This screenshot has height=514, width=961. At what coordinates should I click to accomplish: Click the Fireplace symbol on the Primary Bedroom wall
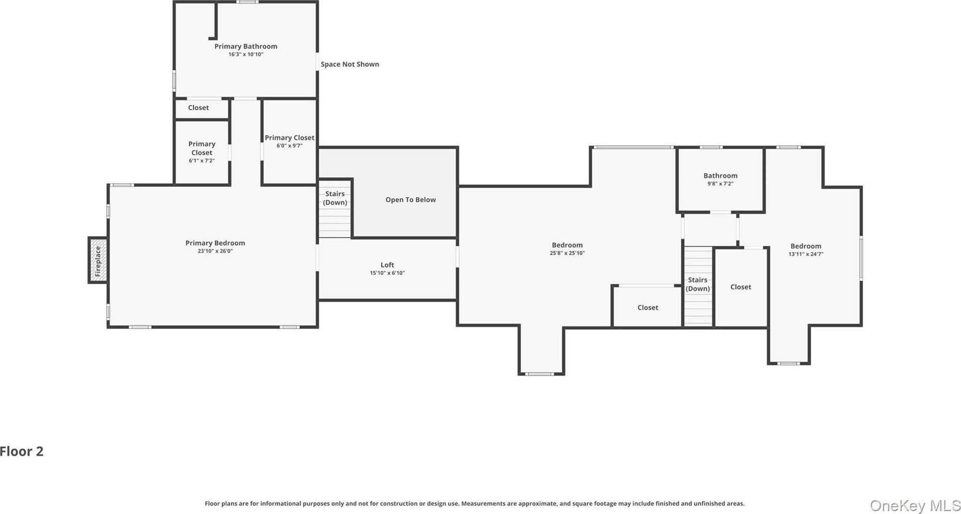coord(98,260)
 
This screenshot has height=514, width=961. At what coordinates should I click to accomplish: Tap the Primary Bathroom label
coord(246,47)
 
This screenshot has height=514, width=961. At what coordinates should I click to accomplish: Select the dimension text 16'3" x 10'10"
coord(246,54)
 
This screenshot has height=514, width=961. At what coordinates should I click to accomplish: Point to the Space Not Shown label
coord(350,64)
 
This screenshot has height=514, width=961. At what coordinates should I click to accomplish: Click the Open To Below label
coord(410,200)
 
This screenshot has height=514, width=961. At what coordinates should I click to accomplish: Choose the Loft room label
coord(387,265)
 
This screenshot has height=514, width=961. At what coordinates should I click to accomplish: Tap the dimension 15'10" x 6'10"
coord(387,273)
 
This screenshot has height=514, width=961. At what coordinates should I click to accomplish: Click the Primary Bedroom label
coord(215,243)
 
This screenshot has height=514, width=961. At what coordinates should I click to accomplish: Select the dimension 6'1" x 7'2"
coord(202,161)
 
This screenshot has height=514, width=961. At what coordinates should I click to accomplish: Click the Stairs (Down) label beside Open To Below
coord(335,198)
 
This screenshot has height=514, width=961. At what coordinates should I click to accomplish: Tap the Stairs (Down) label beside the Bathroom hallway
coord(698,284)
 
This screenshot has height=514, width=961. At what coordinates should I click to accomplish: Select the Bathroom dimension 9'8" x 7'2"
coord(720,184)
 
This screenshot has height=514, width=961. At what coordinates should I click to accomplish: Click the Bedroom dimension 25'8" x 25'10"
coord(567,253)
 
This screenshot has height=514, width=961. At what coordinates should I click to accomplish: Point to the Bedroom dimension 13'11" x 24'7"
coord(806,254)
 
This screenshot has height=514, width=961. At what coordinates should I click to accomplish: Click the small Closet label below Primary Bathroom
coord(198,108)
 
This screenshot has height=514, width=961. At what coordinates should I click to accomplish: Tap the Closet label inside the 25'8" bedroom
coord(648,308)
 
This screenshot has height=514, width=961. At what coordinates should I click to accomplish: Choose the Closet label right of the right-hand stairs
coord(740,287)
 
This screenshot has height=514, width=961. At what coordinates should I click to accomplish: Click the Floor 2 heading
coord(22,451)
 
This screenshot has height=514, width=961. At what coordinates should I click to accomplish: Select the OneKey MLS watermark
coord(915,506)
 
